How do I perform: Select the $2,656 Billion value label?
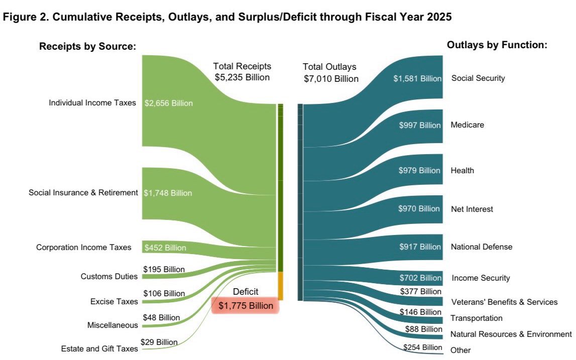(x=168, y=103)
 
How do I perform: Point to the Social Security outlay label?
(x=478, y=78)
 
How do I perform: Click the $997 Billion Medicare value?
(x=420, y=125)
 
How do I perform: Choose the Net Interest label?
(x=472, y=209)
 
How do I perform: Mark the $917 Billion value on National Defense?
(x=420, y=247)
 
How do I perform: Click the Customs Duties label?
(x=109, y=277)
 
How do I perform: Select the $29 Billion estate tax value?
(x=160, y=342)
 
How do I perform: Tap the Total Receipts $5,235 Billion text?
(x=242, y=72)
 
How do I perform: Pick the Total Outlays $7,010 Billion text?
(x=331, y=73)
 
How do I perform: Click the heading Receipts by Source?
(x=88, y=47)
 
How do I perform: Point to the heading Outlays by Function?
(x=496, y=45)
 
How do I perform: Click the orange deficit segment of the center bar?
(x=280, y=286)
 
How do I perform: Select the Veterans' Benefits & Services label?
(x=504, y=302)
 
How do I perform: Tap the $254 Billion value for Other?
(x=422, y=347)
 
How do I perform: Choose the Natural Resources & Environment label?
(x=511, y=334)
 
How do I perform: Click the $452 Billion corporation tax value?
(x=165, y=248)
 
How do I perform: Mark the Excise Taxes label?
(x=113, y=301)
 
